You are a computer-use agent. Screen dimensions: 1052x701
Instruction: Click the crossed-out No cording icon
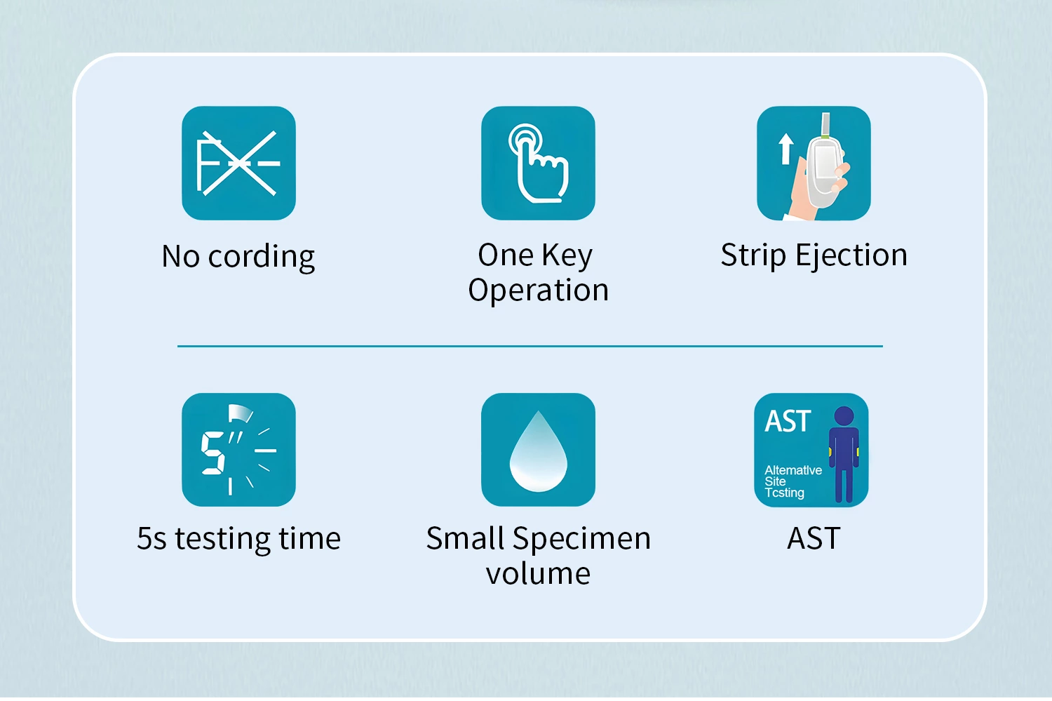coord(238,163)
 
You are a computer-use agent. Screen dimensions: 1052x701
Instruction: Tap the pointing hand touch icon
coord(538,163)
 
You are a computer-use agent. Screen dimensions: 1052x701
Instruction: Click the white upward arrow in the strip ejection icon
coord(785,149)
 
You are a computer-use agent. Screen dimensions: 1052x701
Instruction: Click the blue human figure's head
coord(844,416)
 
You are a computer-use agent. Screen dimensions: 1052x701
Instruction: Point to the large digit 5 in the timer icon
coord(213,453)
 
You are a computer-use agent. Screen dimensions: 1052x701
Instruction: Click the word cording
coord(261,257)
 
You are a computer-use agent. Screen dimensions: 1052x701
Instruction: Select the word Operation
coord(538,291)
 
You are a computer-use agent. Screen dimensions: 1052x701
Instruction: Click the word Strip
coord(753,256)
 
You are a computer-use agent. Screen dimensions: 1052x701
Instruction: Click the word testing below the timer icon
coord(222,539)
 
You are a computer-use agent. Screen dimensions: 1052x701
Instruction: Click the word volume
coord(538,574)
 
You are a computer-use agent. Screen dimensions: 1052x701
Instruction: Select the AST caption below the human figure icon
coord(814,538)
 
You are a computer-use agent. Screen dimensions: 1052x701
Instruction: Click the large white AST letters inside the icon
coord(788,420)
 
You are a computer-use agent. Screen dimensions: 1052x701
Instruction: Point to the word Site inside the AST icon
coord(775,481)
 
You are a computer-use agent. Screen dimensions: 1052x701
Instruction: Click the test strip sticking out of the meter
coord(825,125)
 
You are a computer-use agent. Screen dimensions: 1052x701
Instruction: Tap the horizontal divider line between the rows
coord(530,346)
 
